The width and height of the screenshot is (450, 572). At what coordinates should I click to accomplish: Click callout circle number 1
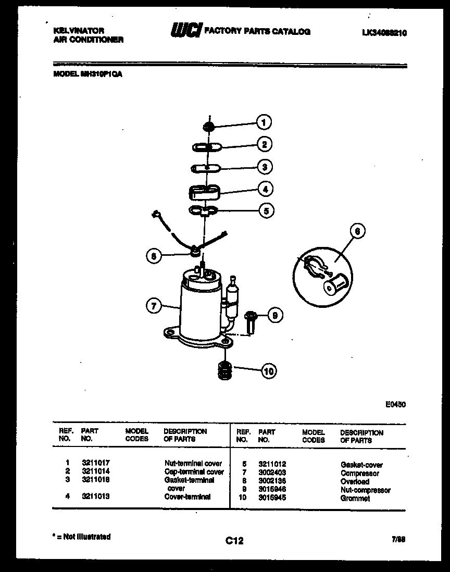coord(264,122)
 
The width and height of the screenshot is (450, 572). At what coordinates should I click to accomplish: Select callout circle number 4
coord(265,189)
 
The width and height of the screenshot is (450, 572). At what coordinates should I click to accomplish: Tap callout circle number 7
coord(153,306)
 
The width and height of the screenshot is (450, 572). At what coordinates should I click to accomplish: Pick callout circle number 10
coord(269,371)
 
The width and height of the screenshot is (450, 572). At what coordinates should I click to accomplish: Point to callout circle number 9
coord(276,315)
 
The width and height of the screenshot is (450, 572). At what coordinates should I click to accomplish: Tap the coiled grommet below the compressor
coord(224,370)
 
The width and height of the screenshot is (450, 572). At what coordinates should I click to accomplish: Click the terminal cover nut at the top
coord(208,127)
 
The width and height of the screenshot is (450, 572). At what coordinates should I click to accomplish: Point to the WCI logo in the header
coord(185,32)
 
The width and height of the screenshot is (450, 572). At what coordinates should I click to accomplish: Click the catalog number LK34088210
coord(384,32)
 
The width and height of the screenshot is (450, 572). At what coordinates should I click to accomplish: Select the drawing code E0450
coord(395,403)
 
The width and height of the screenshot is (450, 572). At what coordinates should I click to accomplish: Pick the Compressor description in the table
coord(359,473)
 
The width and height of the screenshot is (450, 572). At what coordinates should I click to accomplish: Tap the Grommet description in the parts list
coord(355,498)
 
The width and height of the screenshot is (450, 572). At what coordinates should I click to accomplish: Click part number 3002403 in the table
coord(272,472)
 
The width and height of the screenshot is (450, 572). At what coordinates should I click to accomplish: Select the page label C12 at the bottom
coord(234,541)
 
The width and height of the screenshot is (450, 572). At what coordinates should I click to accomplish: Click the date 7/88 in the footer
coord(398,540)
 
